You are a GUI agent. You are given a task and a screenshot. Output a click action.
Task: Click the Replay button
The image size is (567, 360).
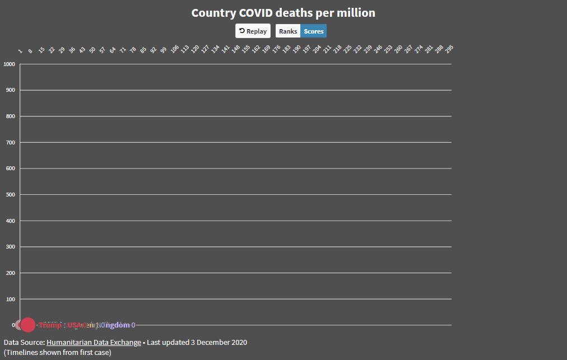253,31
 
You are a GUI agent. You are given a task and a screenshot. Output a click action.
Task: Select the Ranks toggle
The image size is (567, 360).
288,31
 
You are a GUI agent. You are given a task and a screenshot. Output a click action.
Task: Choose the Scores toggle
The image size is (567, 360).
314,31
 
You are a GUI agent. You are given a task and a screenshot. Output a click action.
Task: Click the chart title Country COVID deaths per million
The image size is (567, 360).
283,13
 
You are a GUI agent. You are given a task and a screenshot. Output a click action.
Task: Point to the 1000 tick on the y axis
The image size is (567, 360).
10,64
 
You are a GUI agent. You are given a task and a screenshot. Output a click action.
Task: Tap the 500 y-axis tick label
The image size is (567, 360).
11,195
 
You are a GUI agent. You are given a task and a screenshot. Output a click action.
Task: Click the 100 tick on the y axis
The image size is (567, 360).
11,300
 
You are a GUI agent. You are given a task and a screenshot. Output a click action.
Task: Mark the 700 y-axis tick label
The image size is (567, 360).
11,143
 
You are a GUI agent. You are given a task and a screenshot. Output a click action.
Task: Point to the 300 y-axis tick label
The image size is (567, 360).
11,247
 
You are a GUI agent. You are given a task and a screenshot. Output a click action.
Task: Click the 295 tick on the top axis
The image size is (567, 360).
449,49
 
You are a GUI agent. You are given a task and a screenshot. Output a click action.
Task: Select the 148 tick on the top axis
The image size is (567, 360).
236,49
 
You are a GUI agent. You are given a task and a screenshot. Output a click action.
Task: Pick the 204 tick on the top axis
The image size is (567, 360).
317,49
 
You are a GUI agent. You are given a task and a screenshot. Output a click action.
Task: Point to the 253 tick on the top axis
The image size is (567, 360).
388,49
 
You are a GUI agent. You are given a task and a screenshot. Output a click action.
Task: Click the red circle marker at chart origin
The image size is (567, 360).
27,325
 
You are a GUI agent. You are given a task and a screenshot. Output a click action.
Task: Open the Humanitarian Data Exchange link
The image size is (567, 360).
94,342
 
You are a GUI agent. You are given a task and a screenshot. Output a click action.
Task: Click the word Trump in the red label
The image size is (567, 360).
50,325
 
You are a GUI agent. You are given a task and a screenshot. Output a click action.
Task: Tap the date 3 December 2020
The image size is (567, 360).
219,342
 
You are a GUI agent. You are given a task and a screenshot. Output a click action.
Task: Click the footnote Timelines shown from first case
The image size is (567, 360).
58,352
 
